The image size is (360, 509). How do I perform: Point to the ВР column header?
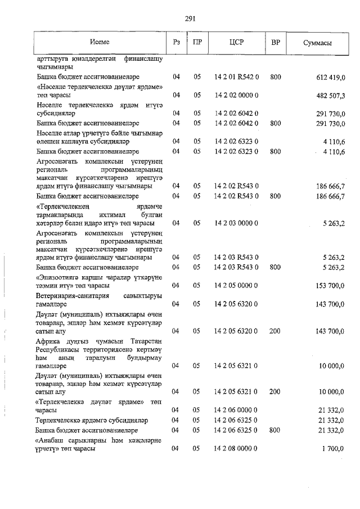coord(276,43)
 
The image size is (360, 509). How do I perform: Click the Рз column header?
coord(177,43)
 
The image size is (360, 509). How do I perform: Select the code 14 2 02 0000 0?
coord(236,96)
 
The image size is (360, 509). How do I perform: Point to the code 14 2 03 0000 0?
coord(236,223)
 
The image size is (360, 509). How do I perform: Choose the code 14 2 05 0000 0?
coord(236,286)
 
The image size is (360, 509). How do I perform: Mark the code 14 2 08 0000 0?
coord(236,449)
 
